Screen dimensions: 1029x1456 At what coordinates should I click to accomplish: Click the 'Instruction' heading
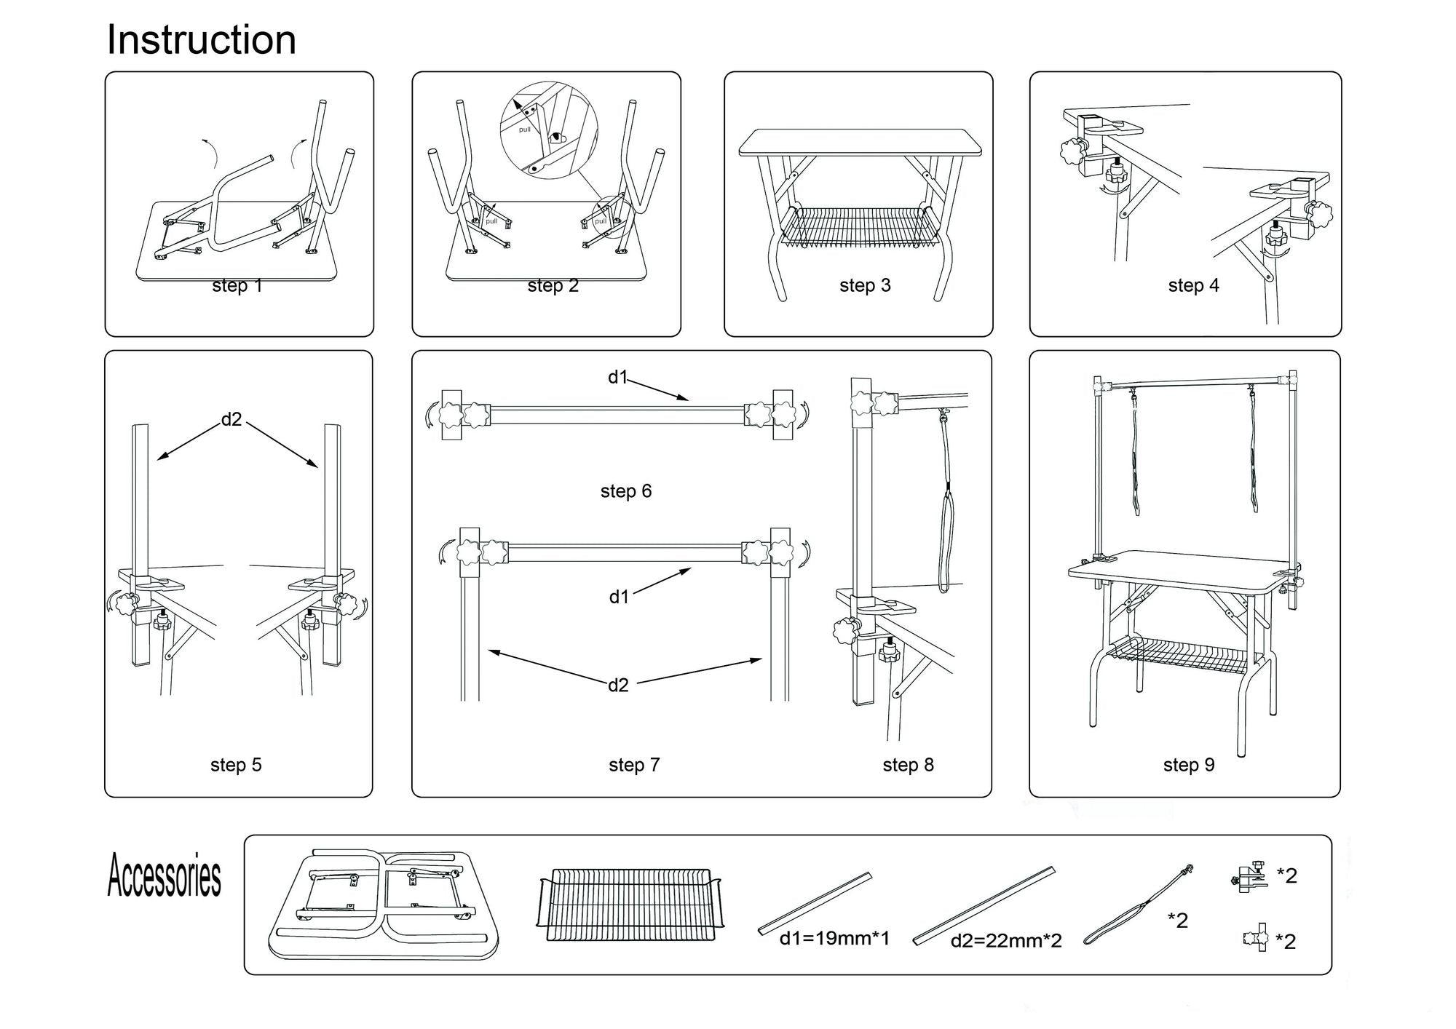pos(201,40)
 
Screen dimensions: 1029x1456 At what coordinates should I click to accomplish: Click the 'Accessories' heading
pos(165,876)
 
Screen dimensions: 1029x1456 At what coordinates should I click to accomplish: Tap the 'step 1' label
pos(237,286)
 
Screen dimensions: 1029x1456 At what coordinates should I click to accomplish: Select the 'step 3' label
pos(865,285)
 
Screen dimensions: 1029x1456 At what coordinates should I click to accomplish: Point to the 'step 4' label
pos(1193,285)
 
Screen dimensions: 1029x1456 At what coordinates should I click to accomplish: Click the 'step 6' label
pos(626,491)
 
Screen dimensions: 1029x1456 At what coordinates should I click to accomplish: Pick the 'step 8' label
pos(908,765)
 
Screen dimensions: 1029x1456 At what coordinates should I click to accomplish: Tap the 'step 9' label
pos(1189,765)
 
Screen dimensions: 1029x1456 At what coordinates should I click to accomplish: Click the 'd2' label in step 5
pos(232,419)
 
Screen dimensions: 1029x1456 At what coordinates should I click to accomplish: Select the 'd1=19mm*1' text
pos(834,939)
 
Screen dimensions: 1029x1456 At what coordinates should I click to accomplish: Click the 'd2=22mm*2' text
pos(1006,941)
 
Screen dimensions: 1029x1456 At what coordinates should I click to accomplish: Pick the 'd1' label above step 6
pos(617,377)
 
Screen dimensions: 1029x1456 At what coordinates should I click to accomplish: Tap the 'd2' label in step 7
pos(618,685)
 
